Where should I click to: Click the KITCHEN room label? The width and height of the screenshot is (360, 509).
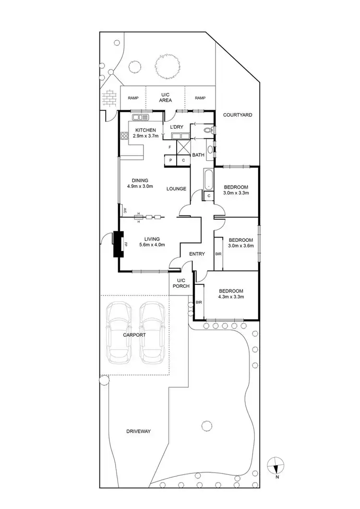145,130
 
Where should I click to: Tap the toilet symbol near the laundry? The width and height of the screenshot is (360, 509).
208,130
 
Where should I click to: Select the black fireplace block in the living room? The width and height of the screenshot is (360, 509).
118,245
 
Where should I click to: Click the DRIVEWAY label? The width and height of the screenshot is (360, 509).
139,431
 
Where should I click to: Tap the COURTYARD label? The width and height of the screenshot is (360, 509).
237,115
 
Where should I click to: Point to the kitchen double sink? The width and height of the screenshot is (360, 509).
142,117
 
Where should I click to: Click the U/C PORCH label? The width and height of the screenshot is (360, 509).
181,283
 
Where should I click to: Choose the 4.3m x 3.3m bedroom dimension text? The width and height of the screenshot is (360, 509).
231,297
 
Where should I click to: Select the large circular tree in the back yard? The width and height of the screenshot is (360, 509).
167,66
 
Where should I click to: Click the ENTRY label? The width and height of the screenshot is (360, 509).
197,254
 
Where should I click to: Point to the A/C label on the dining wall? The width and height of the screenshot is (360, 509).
124,210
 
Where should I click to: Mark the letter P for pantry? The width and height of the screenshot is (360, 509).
170,160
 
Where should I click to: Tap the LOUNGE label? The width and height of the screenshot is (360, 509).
176,189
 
